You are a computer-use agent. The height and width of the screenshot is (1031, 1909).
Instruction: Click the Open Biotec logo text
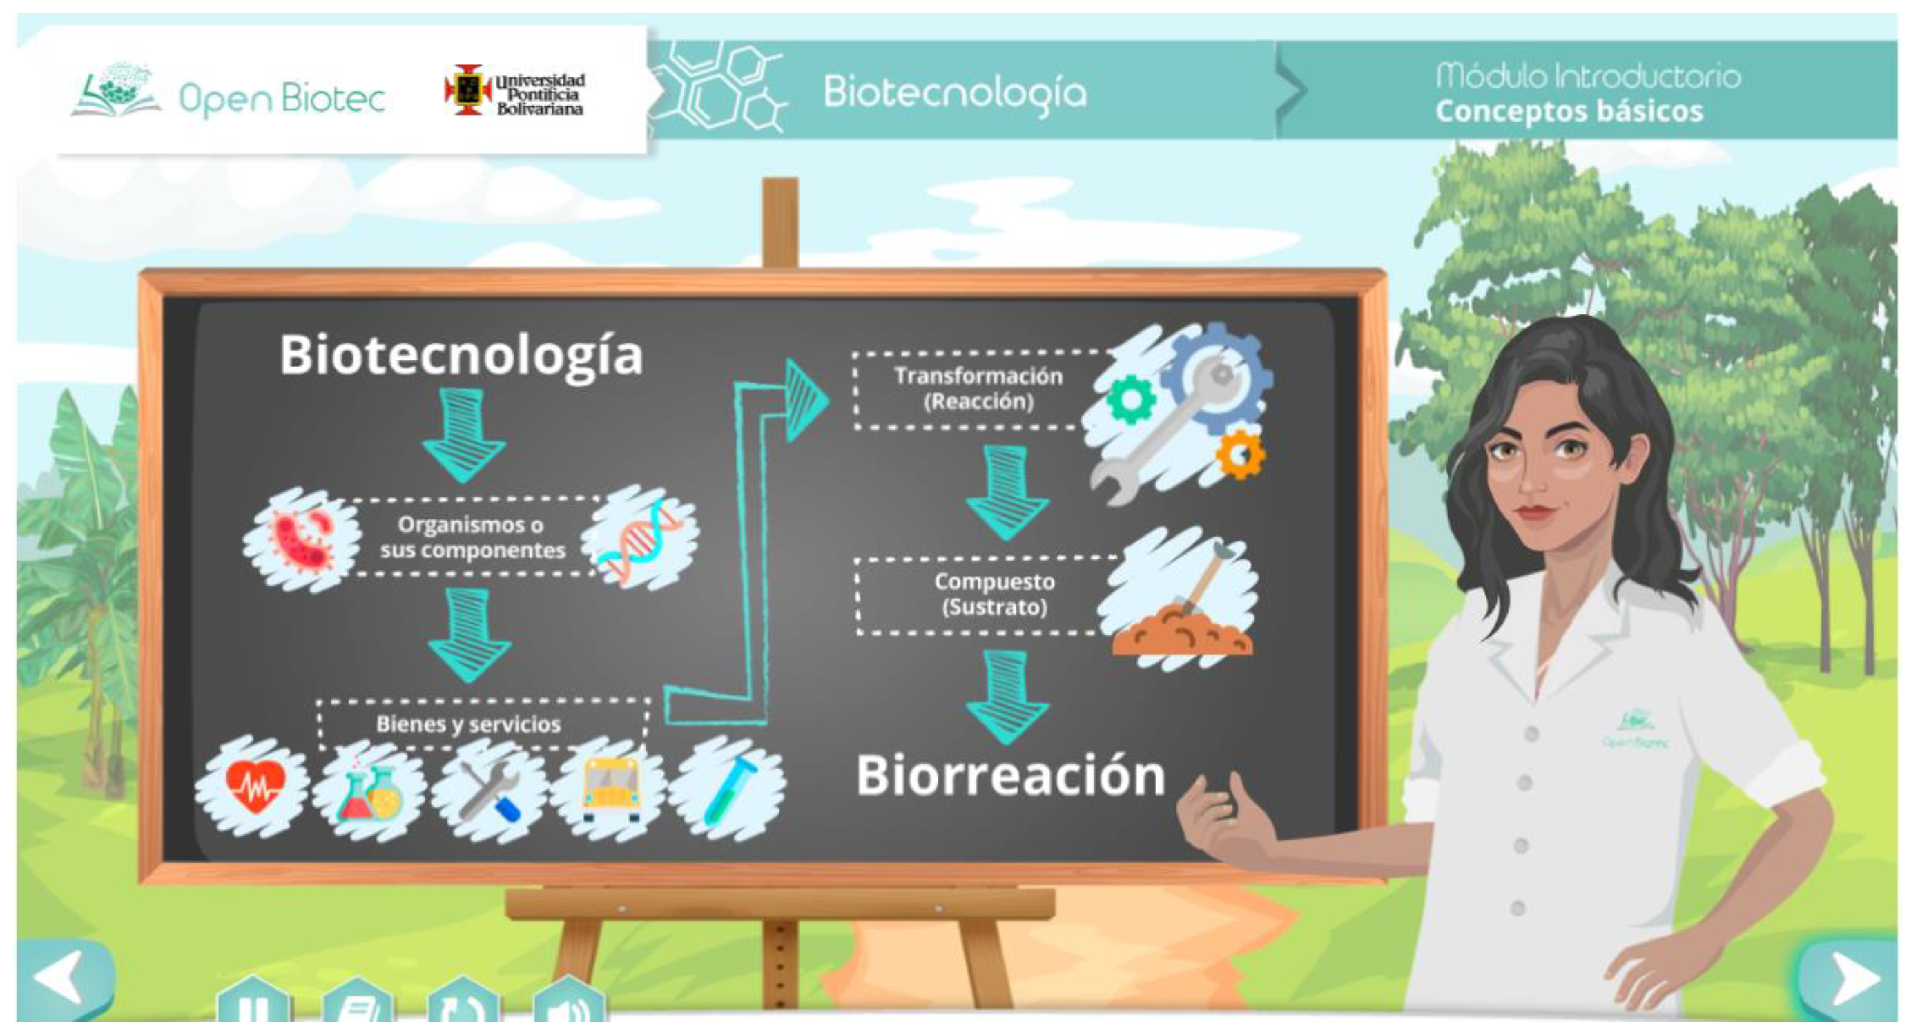[x=282, y=99]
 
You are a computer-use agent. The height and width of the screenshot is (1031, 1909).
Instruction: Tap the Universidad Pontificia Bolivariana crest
[x=467, y=90]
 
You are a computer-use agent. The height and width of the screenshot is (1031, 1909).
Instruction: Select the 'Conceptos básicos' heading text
[x=1569, y=112]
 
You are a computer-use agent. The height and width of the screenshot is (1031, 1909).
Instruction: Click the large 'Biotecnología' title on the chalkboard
[x=461, y=356]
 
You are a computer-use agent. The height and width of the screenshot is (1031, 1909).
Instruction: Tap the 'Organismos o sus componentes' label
[x=472, y=537]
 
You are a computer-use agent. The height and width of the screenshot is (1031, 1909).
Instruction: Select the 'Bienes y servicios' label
[x=468, y=724]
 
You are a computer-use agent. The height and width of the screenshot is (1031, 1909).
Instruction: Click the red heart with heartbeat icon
[x=254, y=786]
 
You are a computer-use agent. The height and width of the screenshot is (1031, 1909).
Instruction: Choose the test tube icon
[x=729, y=789]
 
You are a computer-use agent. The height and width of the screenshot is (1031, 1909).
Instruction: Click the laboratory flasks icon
[x=370, y=792]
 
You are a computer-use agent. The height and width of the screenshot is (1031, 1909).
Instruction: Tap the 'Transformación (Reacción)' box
[x=978, y=389]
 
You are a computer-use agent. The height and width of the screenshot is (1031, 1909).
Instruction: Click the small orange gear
[x=1241, y=454]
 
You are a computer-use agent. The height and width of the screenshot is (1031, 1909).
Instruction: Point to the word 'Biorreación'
[x=1011, y=776]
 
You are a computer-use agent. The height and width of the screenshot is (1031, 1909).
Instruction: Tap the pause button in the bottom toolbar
[x=253, y=1003]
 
